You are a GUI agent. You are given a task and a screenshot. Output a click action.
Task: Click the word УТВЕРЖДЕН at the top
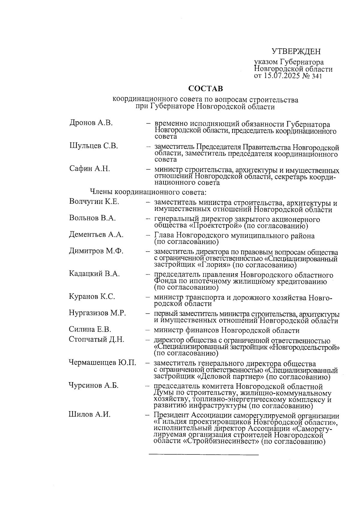296,52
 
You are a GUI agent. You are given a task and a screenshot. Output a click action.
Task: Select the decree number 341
316,76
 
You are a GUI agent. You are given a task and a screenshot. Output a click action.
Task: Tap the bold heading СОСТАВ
205,89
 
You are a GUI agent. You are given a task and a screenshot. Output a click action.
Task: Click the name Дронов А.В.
91,123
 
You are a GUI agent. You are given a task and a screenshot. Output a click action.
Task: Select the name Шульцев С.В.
93,146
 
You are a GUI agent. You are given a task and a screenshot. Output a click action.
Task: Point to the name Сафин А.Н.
89,169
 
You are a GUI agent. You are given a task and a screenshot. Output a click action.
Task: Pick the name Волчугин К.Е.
94,202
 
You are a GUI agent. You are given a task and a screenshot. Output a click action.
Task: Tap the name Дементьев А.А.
96,235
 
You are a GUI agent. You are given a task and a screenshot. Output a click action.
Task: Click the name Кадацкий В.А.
94,274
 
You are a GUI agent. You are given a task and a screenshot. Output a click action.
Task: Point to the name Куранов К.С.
92,297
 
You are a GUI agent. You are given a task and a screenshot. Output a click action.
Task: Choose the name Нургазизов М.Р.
97,313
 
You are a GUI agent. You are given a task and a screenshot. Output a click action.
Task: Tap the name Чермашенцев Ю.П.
102,363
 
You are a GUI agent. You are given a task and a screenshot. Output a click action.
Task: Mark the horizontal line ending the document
204,455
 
